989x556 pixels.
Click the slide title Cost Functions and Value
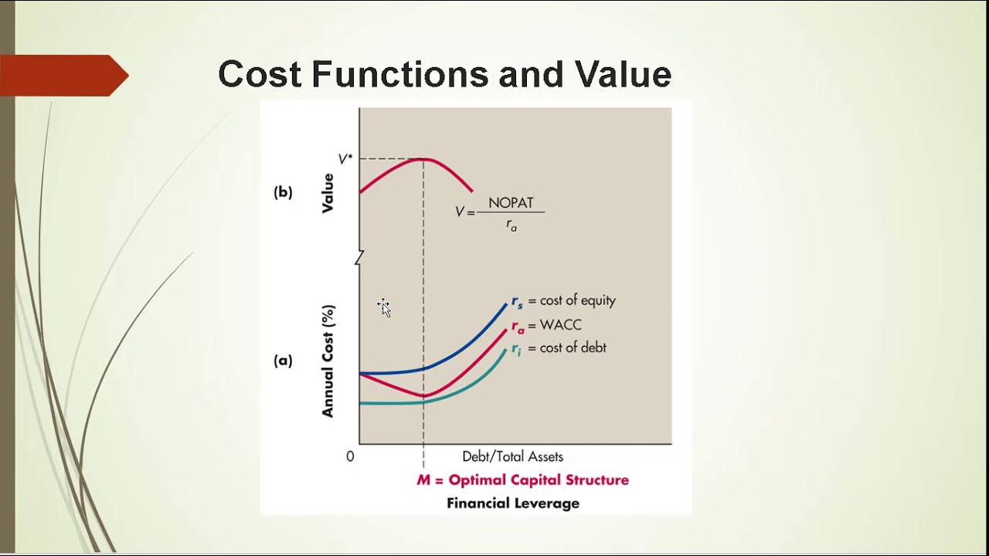[x=444, y=75]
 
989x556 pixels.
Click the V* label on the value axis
[x=345, y=160]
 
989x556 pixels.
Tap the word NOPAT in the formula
[x=511, y=203]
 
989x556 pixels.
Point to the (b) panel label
[x=283, y=192]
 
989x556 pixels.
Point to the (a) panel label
[x=283, y=361]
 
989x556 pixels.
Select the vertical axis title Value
[x=328, y=193]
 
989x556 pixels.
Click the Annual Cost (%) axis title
[x=328, y=361]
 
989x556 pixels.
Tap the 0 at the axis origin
[x=350, y=456]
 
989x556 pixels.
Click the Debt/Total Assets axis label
[x=512, y=456]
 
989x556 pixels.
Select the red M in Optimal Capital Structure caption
[x=423, y=480]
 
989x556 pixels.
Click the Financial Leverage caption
[x=513, y=503]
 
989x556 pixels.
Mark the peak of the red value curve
[x=423, y=159]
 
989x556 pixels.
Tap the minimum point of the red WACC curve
[x=423, y=395]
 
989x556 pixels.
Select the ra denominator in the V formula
[x=511, y=225]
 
